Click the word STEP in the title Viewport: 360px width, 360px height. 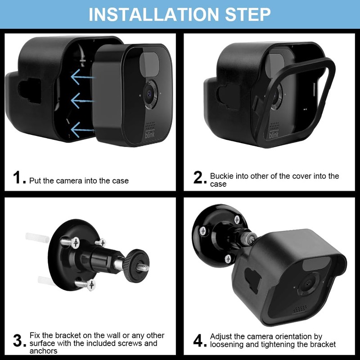coord(247,14)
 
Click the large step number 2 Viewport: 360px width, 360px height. coord(200,178)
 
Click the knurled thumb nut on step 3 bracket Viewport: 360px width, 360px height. coord(133,266)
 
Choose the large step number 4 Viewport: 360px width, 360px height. coord(200,341)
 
